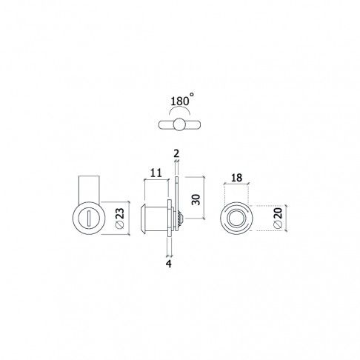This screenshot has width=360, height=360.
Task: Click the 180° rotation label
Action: coord(182,100)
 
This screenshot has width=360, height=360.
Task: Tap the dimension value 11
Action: coord(156,173)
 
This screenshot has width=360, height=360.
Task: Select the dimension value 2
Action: coord(176,153)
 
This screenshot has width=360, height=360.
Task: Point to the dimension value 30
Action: coord(196,199)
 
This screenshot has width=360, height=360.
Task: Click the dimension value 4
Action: coord(169,264)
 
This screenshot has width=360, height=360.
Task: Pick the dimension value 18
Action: coord(237,178)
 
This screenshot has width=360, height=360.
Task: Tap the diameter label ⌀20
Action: coord(278,218)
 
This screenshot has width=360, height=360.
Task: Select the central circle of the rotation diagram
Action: coord(179,124)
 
